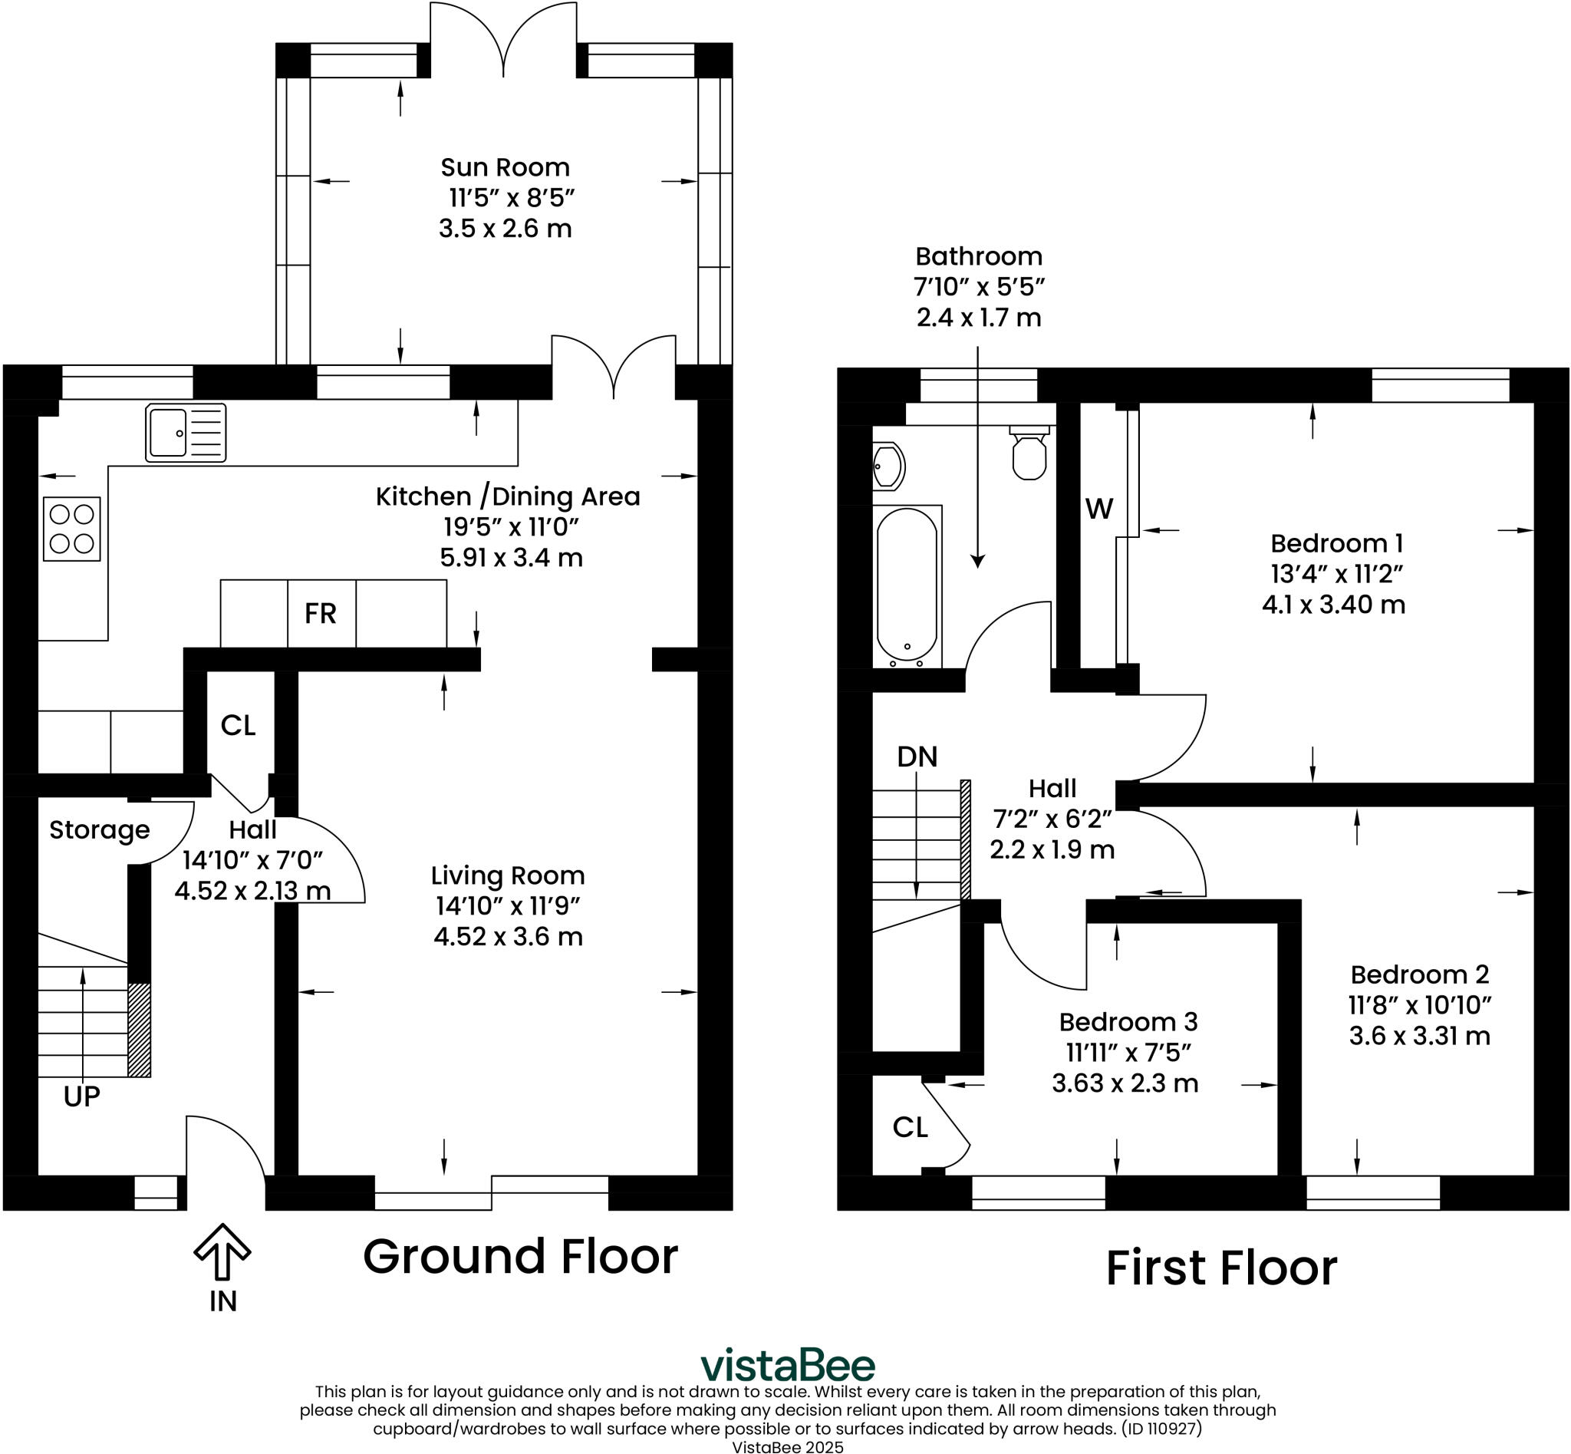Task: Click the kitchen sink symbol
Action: point(186,433)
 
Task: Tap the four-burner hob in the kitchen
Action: point(71,529)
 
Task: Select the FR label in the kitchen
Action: point(320,614)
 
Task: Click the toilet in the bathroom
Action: point(1029,455)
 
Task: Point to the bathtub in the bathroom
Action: point(907,585)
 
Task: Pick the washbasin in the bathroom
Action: point(888,467)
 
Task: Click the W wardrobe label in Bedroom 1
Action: point(1099,509)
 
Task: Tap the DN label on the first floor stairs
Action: point(917,757)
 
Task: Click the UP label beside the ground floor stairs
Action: point(82,1096)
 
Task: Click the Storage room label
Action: point(99,830)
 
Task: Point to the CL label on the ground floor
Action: point(239,725)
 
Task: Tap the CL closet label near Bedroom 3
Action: point(911,1127)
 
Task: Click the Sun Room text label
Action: point(505,167)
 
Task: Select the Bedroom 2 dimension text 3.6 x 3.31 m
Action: point(1419,1036)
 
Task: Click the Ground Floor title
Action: point(520,1257)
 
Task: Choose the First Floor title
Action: point(1221,1268)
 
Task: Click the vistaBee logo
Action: point(788,1365)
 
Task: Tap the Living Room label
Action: point(507,875)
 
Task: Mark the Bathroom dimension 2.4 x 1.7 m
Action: point(979,318)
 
